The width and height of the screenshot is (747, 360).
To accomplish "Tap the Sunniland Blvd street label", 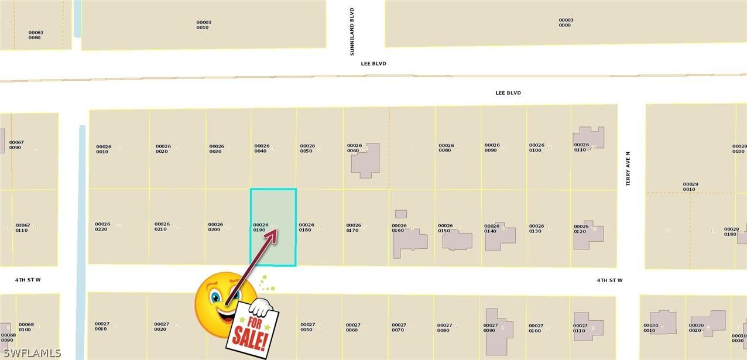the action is coord(352,32).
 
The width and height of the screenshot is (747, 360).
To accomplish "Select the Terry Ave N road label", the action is coord(628,169).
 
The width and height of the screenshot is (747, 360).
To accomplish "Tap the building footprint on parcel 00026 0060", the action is coord(366,160).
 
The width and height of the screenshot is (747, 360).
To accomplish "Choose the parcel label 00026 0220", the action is coord(102,226).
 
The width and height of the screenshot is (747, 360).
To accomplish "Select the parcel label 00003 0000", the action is coord(566,23).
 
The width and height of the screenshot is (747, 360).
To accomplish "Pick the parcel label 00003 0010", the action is coord(203,25).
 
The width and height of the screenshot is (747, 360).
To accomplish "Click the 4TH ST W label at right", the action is coord(609,280).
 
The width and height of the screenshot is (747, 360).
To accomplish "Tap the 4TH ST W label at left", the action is coord(28,280).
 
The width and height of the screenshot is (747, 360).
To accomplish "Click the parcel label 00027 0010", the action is coord(102,326).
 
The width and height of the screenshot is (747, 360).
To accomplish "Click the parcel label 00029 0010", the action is coord(690,187).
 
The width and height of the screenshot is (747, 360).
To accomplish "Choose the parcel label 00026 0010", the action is coord(103,149).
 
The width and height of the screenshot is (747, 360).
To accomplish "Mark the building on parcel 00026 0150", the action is coord(457,240).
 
